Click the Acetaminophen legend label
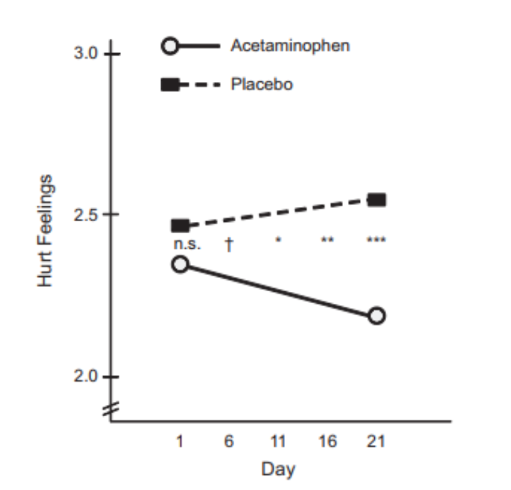click(x=289, y=46)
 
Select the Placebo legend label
click(x=261, y=84)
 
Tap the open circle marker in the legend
click(x=171, y=46)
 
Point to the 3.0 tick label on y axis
click(x=86, y=53)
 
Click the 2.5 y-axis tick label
click(x=86, y=215)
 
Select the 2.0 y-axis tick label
click(x=86, y=377)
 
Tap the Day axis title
click(x=278, y=469)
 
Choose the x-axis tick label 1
click(x=180, y=442)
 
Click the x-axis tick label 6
click(x=229, y=442)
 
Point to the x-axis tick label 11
click(x=278, y=442)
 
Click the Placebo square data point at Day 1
click(x=181, y=226)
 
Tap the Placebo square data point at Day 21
click(x=377, y=200)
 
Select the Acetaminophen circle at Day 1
click(x=180, y=264)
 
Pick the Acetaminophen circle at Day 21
click(x=377, y=315)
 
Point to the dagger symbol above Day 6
click(x=229, y=244)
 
